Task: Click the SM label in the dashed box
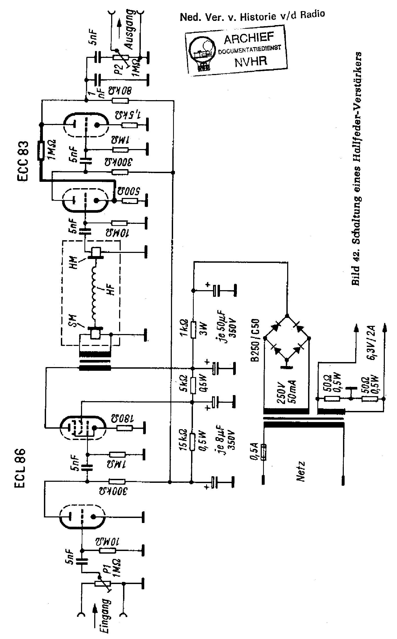[72, 321]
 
